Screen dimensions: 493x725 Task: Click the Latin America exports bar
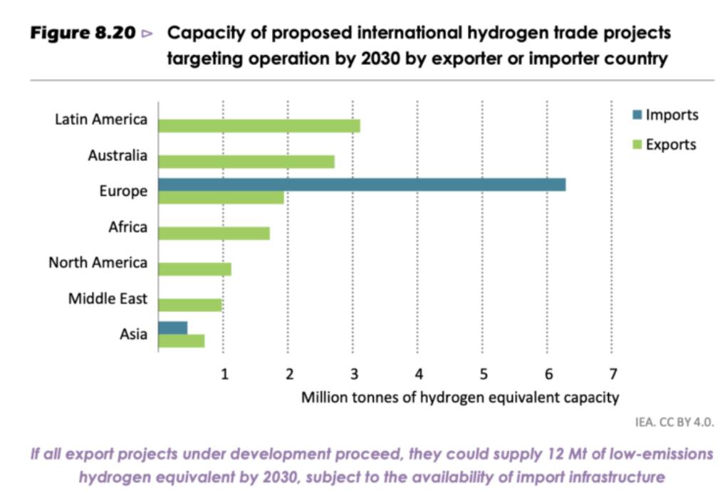pos(259,126)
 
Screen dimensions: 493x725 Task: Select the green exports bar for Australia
pos(246,162)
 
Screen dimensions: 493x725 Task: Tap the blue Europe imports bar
pos(362,185)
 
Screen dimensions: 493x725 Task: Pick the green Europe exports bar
pos(221,197)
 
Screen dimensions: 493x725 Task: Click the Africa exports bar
pos(214,233)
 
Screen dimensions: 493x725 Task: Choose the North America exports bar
pos(194,269)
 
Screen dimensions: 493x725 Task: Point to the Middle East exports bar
pos(189,305)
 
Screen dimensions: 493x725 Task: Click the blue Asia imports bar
pos(172,328)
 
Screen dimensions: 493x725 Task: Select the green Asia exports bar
pos(181,341)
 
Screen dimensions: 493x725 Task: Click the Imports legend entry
pos(665,115)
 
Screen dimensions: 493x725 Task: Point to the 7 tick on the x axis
pos(612,374)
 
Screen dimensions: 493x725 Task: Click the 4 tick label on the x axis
pos(419,374)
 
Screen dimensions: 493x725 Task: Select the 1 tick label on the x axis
pos(224,374)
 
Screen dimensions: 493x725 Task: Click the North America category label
pos(98,262)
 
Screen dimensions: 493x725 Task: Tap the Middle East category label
pos(108,299)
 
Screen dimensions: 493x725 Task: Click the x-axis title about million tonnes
pos(460,397)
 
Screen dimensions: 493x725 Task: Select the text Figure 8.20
pos(82,33)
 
